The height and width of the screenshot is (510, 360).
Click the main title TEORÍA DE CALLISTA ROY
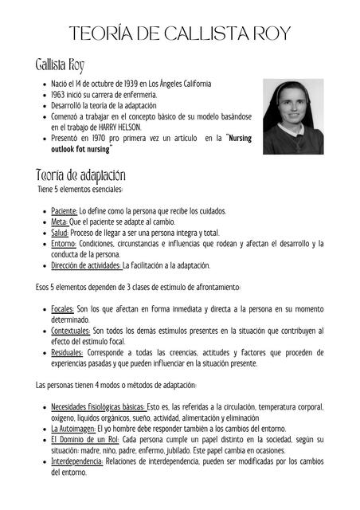179,33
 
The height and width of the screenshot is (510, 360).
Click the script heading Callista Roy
60,65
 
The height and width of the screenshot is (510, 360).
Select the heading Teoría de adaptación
80,175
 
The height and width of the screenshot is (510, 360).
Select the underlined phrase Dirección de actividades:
86,265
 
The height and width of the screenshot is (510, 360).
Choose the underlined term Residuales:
67,351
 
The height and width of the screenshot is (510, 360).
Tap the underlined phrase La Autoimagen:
74,428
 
